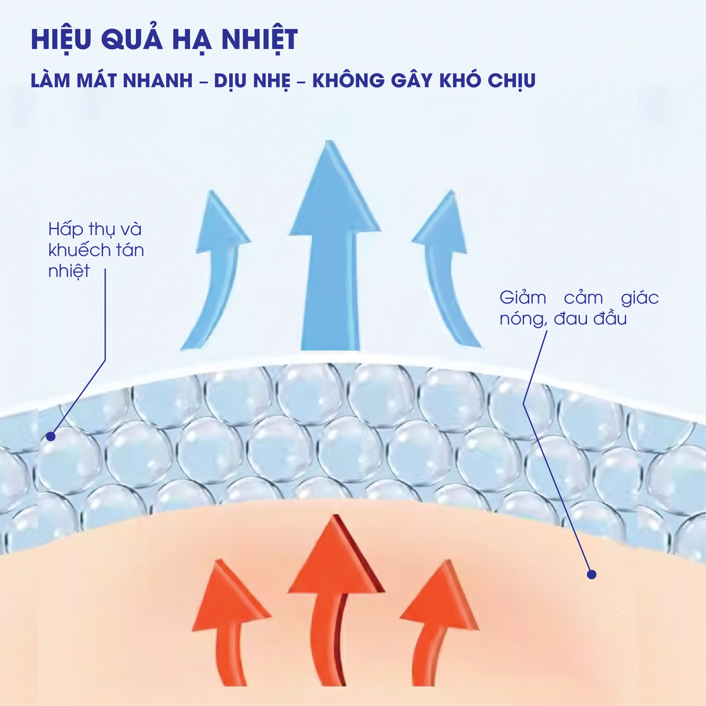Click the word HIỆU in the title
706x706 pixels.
[x=61, y=39]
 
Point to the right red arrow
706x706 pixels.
[x=438, y=625]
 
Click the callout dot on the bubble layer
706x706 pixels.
[x=51, y=436]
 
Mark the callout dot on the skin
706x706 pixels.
[x=591, y=574]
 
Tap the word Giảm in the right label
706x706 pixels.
[x=522, y=298]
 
